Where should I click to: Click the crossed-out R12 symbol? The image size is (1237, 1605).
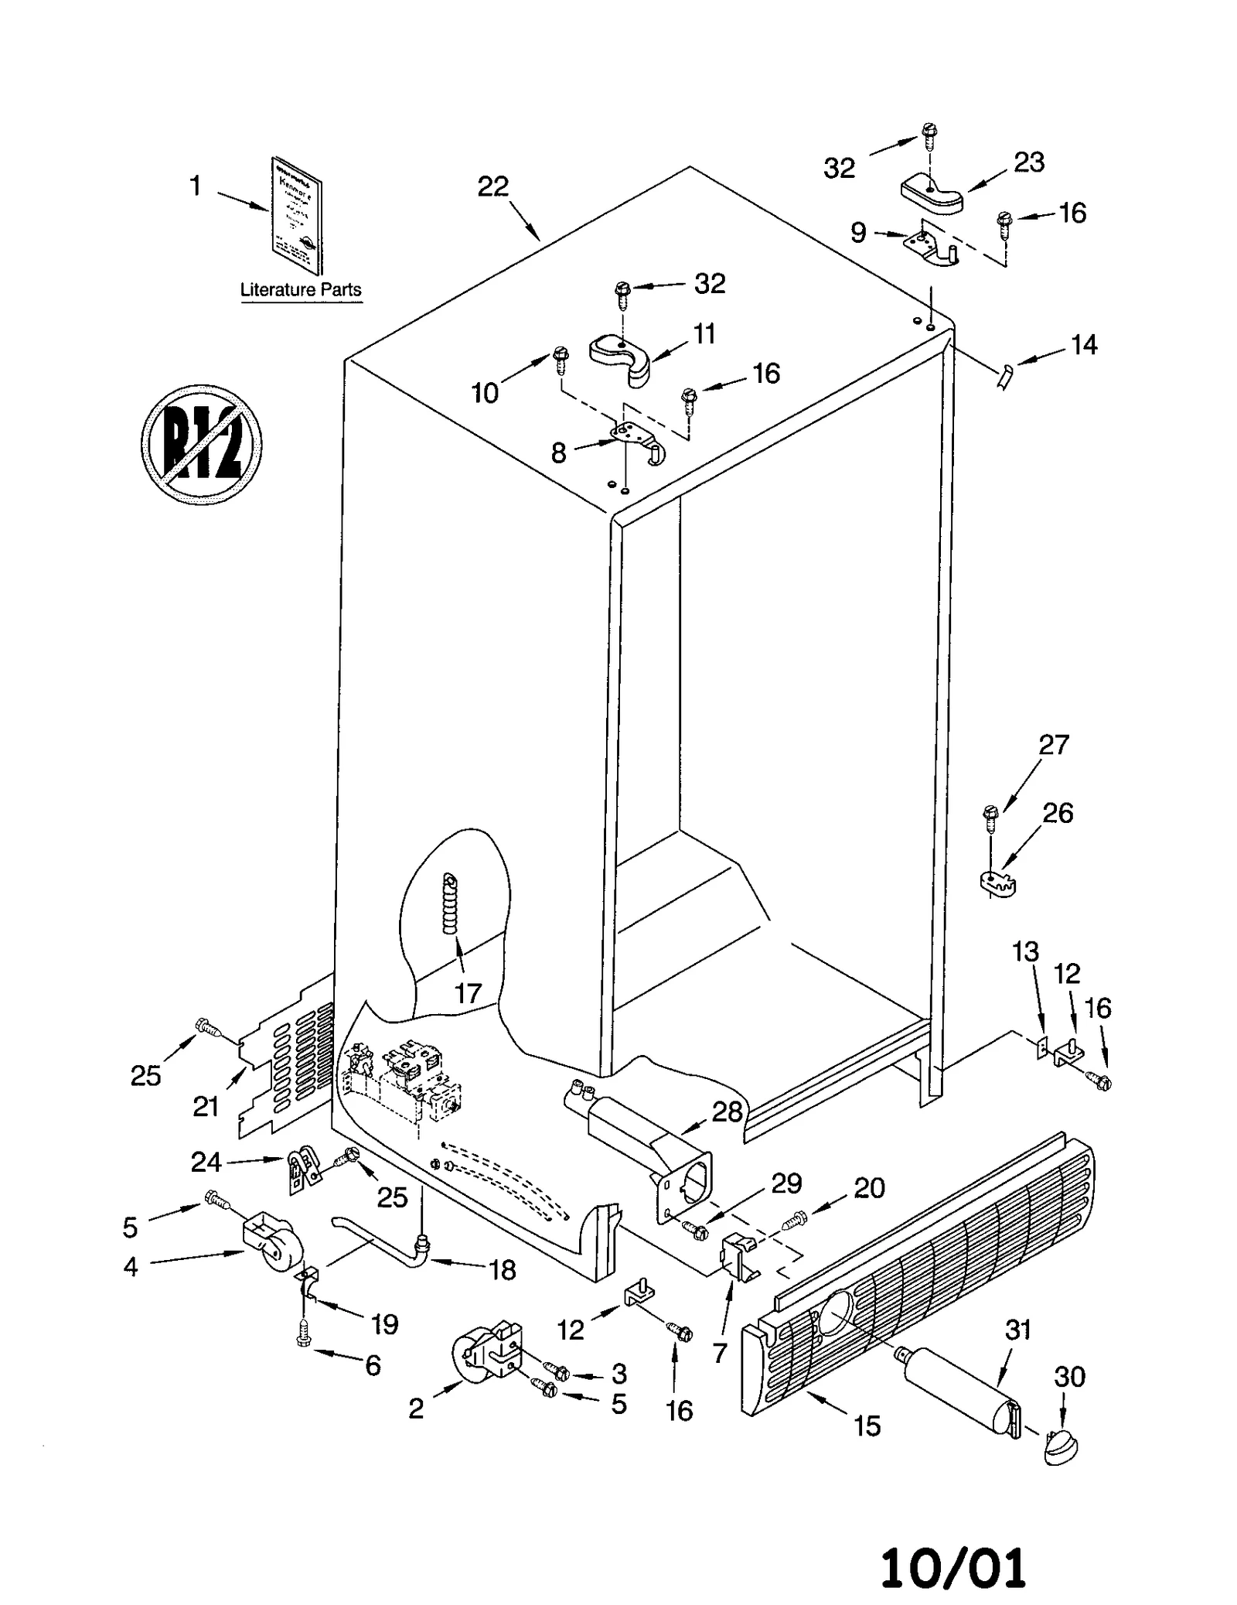pos(201,445)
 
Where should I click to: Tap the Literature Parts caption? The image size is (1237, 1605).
pos(300,290)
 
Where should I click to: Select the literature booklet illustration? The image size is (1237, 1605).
pos(296,215)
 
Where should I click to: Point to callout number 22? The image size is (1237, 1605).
pos(492,186)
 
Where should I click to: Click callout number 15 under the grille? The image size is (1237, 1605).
pos(867,1426)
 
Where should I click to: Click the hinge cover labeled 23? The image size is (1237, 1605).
pos(931,196)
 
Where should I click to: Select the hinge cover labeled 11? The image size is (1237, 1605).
pos(621,358)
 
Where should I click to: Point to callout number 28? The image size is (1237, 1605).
pos(727,1112)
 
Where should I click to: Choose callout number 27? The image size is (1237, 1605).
pos(1053,745)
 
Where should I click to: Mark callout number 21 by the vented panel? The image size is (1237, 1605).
pos(206,1106)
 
